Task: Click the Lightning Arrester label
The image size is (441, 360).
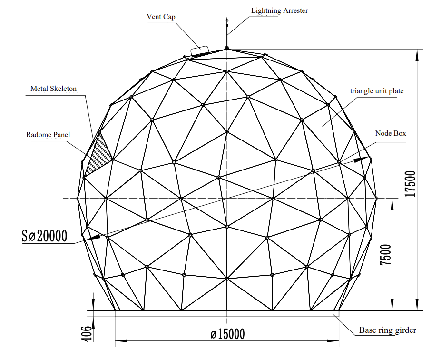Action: pos(280,10)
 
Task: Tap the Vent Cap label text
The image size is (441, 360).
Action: pos(161,17)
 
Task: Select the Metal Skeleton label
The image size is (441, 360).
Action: pos(53,89)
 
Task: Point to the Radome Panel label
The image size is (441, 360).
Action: pos(48,135)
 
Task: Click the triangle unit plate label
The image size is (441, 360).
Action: pos(377,91)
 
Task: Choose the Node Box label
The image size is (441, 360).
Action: pos(391,133)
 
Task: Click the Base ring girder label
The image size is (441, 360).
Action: pos(388,330)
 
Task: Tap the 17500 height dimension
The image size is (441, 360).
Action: pos(410,184)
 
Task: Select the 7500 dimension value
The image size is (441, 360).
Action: pos(386,255)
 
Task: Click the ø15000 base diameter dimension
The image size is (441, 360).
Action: pos(228,334)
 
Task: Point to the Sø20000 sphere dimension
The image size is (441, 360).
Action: pos(45,236)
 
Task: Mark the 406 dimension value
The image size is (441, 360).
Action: pos(86,334)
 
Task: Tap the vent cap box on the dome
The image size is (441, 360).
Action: pos(200,51)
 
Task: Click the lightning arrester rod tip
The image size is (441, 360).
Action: pos(227,19)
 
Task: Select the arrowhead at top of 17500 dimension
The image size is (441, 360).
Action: pos(417,55)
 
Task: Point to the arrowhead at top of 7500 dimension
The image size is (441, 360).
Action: pos(392,204)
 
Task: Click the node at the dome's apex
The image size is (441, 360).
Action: pos(227,49)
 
